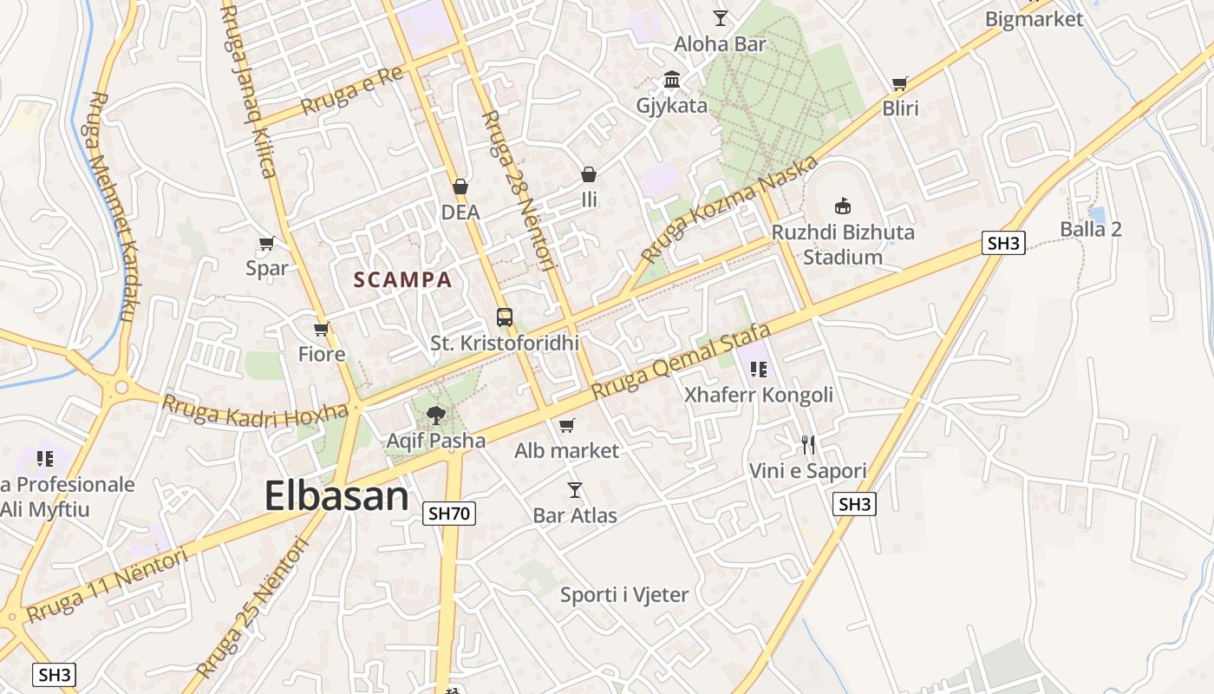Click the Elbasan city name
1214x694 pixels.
tap(336, 496)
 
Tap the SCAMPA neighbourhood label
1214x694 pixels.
tap(402, 280)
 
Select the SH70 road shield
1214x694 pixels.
tap(449, 514)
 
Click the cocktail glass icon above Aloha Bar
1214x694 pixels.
tap(721, 17)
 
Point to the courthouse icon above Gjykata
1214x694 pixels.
tap(671, 80)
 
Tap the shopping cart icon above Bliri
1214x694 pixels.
tap(900, 83)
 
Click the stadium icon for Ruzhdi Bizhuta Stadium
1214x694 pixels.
tap(842, 206)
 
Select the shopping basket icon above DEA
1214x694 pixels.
tap(460, 187)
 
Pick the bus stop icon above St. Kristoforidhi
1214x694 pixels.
tap(504, 317)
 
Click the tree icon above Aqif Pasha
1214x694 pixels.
tap(435, 415)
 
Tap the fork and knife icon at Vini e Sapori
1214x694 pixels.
tap(808, 445)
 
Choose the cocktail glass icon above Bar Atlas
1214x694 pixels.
tap(574, 490)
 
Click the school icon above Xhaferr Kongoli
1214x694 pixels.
tap(759, 370)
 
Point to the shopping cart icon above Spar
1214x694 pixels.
tap(267, 244)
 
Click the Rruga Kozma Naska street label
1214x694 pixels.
tap(730, 209)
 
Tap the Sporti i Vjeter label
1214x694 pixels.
tap(624, 595)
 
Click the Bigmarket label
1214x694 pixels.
tap(1035, 19)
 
